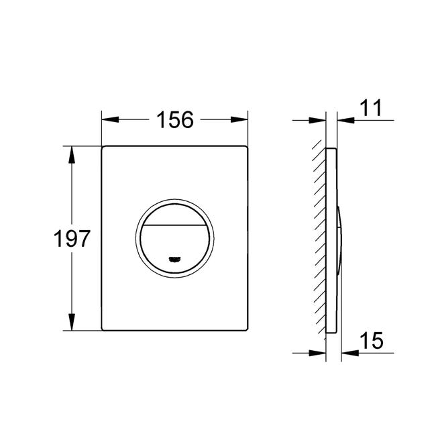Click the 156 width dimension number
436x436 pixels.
(x=175, y=120)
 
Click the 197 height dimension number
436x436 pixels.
(x=72, y=239)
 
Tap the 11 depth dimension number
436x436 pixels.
(x=371, y=108)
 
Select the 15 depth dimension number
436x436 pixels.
(x=372, y=341)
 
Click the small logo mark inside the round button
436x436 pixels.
(x=174, y=259)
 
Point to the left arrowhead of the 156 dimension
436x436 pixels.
(x=111, y=120)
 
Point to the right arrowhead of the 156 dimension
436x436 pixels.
(x=239, y=120)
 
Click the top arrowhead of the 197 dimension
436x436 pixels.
(x=72, y=154)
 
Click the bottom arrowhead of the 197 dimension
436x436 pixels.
(x=72, y=322)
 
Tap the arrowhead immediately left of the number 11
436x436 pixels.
(x=345, y=120)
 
